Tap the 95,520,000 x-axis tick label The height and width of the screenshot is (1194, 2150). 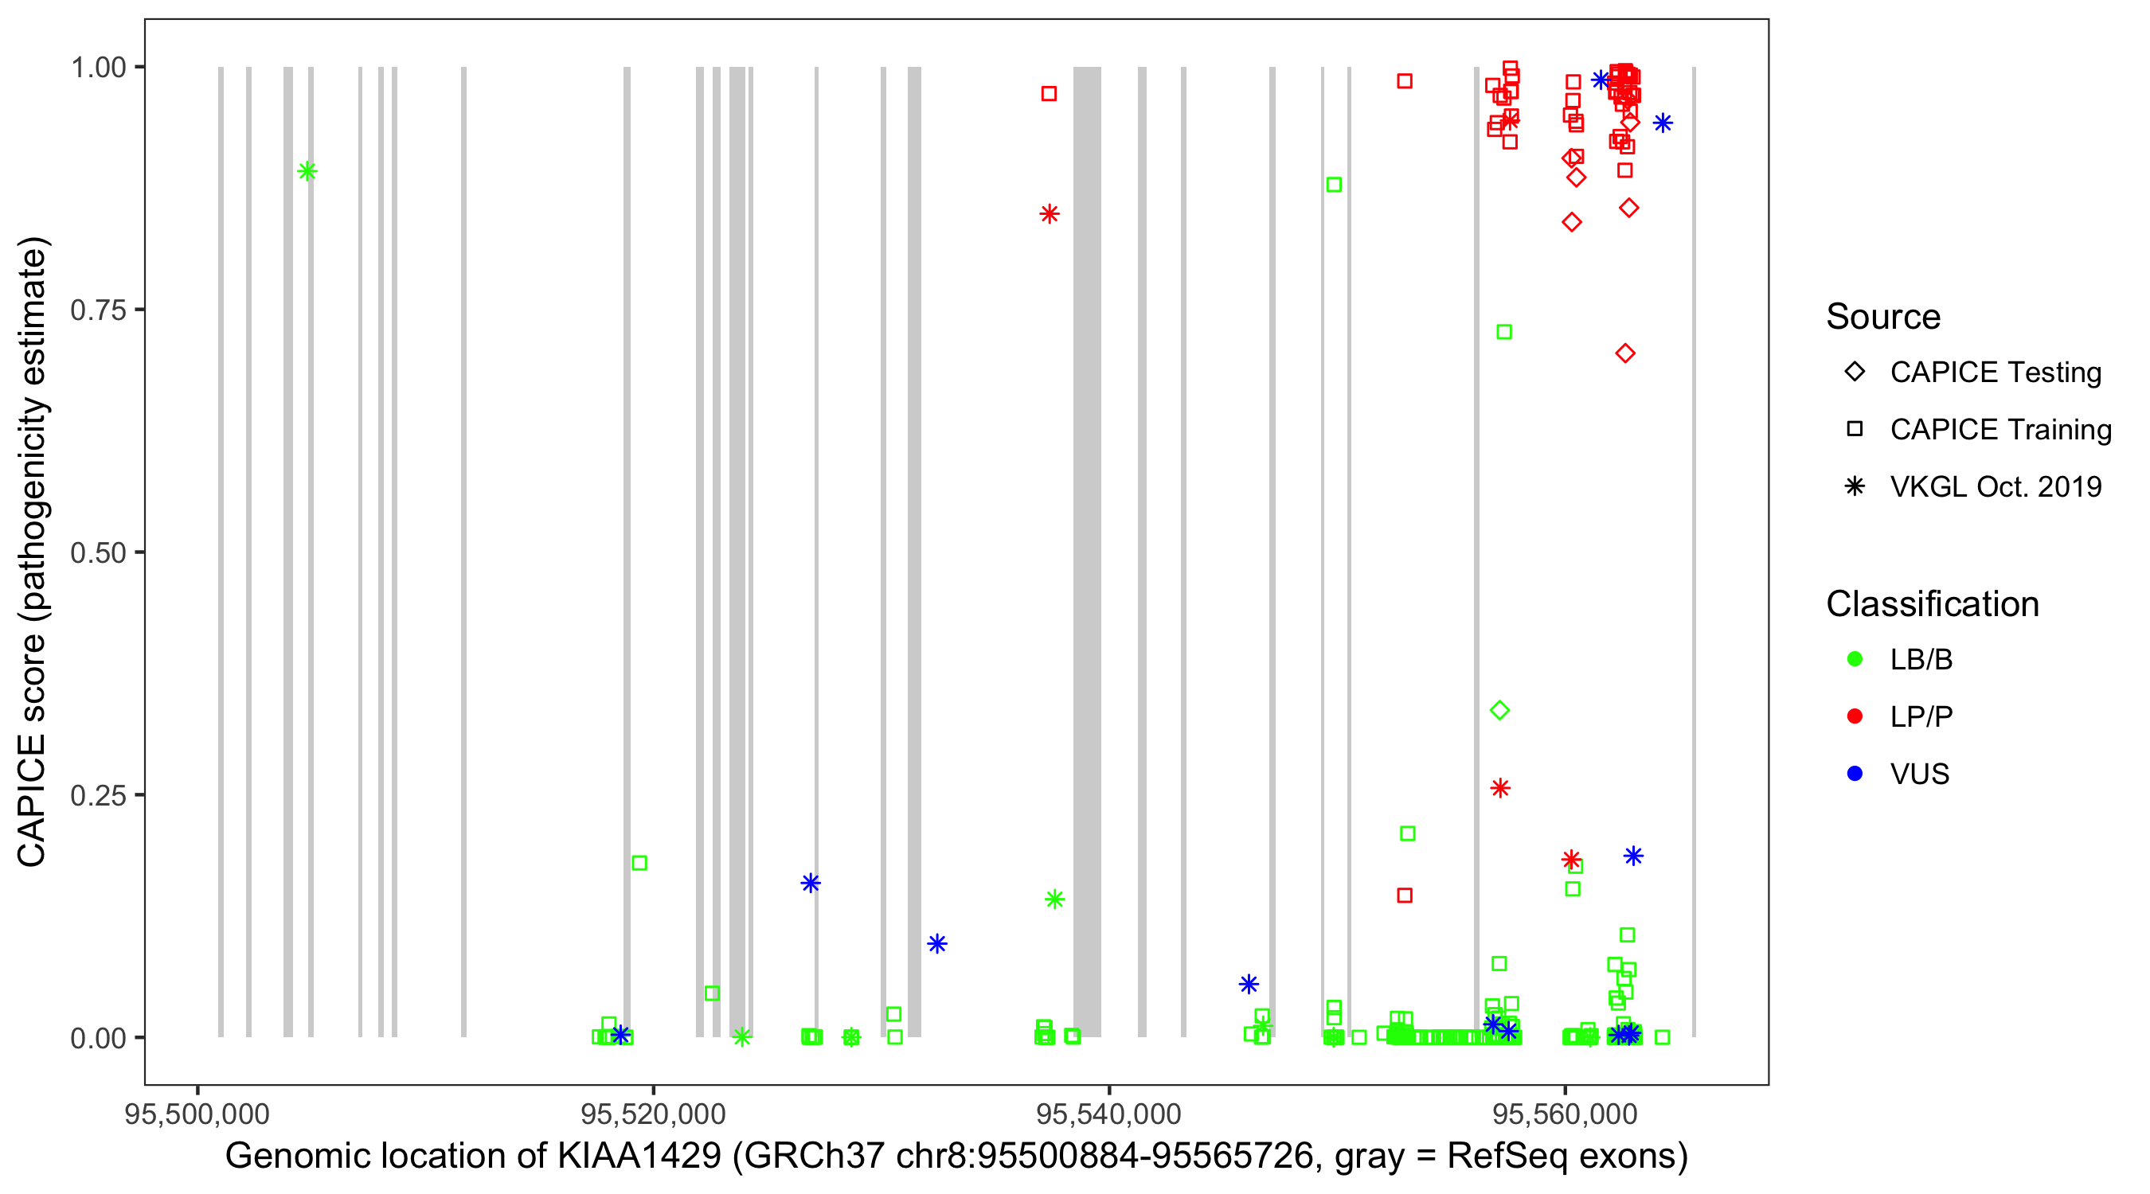pyautogui.click(x=653, y=1114)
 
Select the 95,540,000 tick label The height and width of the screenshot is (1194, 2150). pyautogui.click(x=1108, y=1114)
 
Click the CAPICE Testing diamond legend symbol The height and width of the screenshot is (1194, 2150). pyautogui.click(x=1855, y=373)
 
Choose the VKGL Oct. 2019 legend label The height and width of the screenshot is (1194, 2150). pyautogui.click(x=1996, y=487)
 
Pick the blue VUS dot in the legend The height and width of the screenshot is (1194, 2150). pyautogui.click(x=1855, y=774)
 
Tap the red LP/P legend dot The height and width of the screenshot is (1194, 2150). pyautogui.click(x=1855, y=716)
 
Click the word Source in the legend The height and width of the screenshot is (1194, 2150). pyautogui.click(x=1883, y=317)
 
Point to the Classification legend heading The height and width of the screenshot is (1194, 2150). pyautogui.click(x=1932, y=604)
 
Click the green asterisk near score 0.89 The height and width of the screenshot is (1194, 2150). pyautogui.click(x=307, y=172)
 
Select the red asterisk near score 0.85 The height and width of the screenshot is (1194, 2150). pyautogui.click(x=1050, y=214)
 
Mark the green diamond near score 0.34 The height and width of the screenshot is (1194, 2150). pyautogui.click(x=1500, y=711)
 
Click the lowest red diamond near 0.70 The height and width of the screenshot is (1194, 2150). pyautogui.click(x=1625, y=353)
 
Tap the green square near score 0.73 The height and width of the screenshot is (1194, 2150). pyautogui.click(x=1504, y=332)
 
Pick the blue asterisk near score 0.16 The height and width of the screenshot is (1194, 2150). pyautogui.click(x=811, y=883)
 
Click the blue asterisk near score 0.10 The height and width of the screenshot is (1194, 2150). pyautogui.click(x=937, y=944)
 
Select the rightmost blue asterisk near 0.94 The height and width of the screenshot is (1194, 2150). pyautogui.click(x=1663, y=123)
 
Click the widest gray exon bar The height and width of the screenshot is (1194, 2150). pyautogui.click(x=1087, y=551)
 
